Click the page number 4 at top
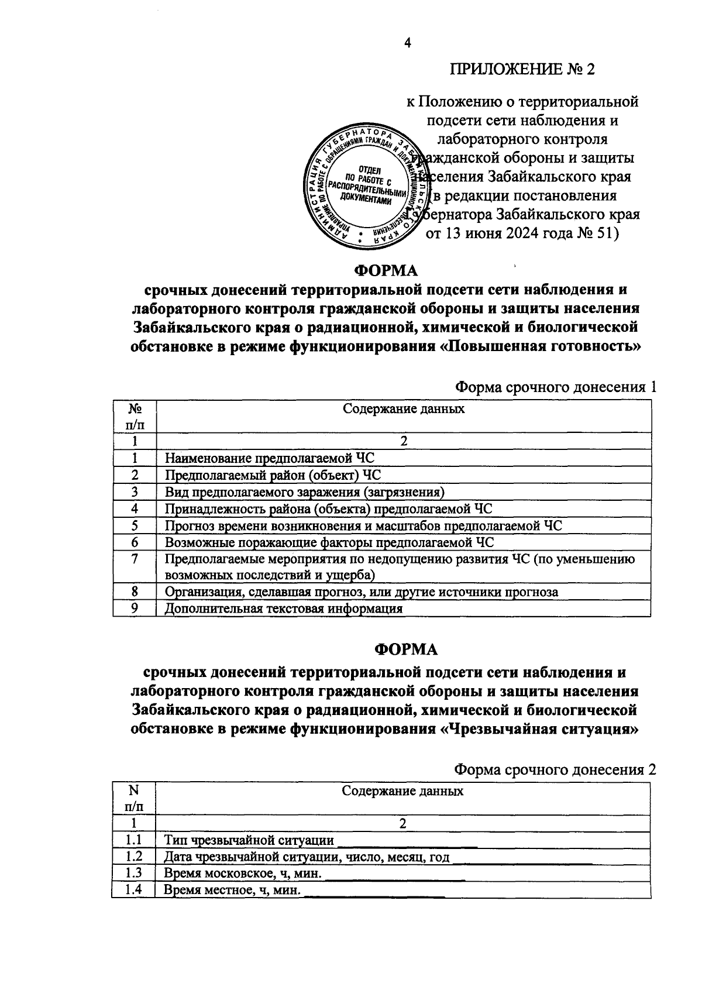tap(408, 42)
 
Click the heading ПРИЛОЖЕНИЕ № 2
tap(522, 70)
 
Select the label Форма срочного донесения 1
tap(555, 387)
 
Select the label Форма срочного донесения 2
tap(555, 770)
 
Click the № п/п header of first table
tap(135, 416)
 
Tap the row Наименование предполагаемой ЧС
tap(269, 458)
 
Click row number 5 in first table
tap(135, 525)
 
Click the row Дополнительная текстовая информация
tap(284, 609)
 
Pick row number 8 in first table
tap(135, 592)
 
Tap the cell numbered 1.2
tap(134, 857)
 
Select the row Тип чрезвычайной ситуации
tap(249, 840)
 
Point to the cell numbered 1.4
tap(134, 890)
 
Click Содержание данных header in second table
tap(402, 791)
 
